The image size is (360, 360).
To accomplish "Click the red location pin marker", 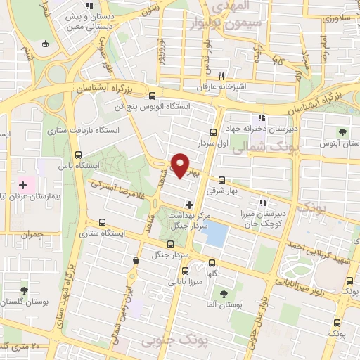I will tap(181, 165).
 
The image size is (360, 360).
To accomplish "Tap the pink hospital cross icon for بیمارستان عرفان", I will tap(23, 185).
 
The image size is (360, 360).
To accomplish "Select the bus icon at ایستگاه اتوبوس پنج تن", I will tap(153, 96).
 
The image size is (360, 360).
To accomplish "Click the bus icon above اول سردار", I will tap(213, 131).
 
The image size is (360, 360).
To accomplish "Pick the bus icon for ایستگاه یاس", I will tap(78, 155).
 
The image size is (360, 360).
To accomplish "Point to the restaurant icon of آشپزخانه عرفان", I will tap(220, 75).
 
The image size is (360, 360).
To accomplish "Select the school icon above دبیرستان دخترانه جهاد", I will tap(262, 117).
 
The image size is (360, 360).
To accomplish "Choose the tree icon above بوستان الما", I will tap(224, 294).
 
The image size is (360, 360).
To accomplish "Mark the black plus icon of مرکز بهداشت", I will tap(188, 205).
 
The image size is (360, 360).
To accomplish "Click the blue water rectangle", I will tap(217, 233).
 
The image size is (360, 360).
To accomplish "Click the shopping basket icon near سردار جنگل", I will tap(136, 261).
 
